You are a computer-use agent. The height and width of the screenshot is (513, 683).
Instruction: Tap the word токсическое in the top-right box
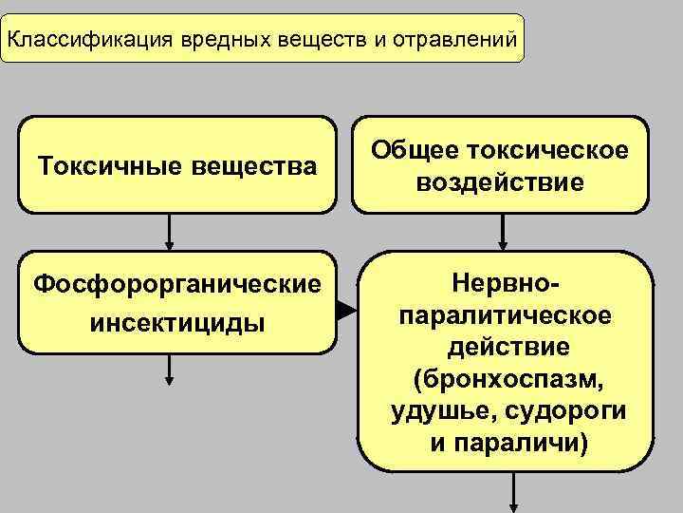point(545,151)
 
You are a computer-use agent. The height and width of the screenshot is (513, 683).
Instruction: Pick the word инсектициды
point(176,323)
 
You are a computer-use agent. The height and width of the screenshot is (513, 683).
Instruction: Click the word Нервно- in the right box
point(508,282)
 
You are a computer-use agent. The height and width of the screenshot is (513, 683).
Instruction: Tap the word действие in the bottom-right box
point(508,347)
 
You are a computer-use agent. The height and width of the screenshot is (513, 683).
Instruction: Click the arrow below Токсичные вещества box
point(170,232)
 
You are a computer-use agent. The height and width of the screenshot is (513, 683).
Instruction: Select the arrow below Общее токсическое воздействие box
point(502,231)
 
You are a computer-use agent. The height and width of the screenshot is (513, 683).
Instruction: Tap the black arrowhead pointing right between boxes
point(344,310)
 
